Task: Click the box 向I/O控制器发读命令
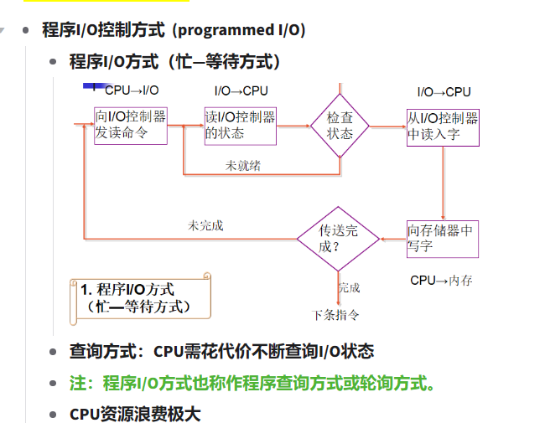(131, 126)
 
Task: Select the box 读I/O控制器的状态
(241, 126)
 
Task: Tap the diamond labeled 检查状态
(340, 126)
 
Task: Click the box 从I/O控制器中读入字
(443, 126)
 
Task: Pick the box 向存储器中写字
(443, 239)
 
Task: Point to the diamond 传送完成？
(338, 239)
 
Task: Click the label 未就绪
(242, 166)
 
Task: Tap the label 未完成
(205, 225)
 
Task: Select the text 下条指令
(336, 315)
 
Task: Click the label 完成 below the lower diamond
(350, 287)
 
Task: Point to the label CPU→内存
(441, 281)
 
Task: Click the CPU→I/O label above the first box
(132, 90)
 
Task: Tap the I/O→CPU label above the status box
(241, 90)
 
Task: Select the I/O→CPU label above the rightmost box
(444, 91)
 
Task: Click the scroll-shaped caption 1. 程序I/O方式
(138, 298)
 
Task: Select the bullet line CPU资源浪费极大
(135, 414)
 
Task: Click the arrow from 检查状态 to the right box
(387, 127)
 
